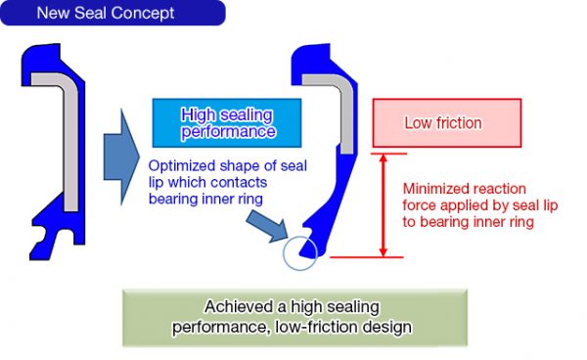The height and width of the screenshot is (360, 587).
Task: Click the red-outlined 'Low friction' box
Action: point(442,124)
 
